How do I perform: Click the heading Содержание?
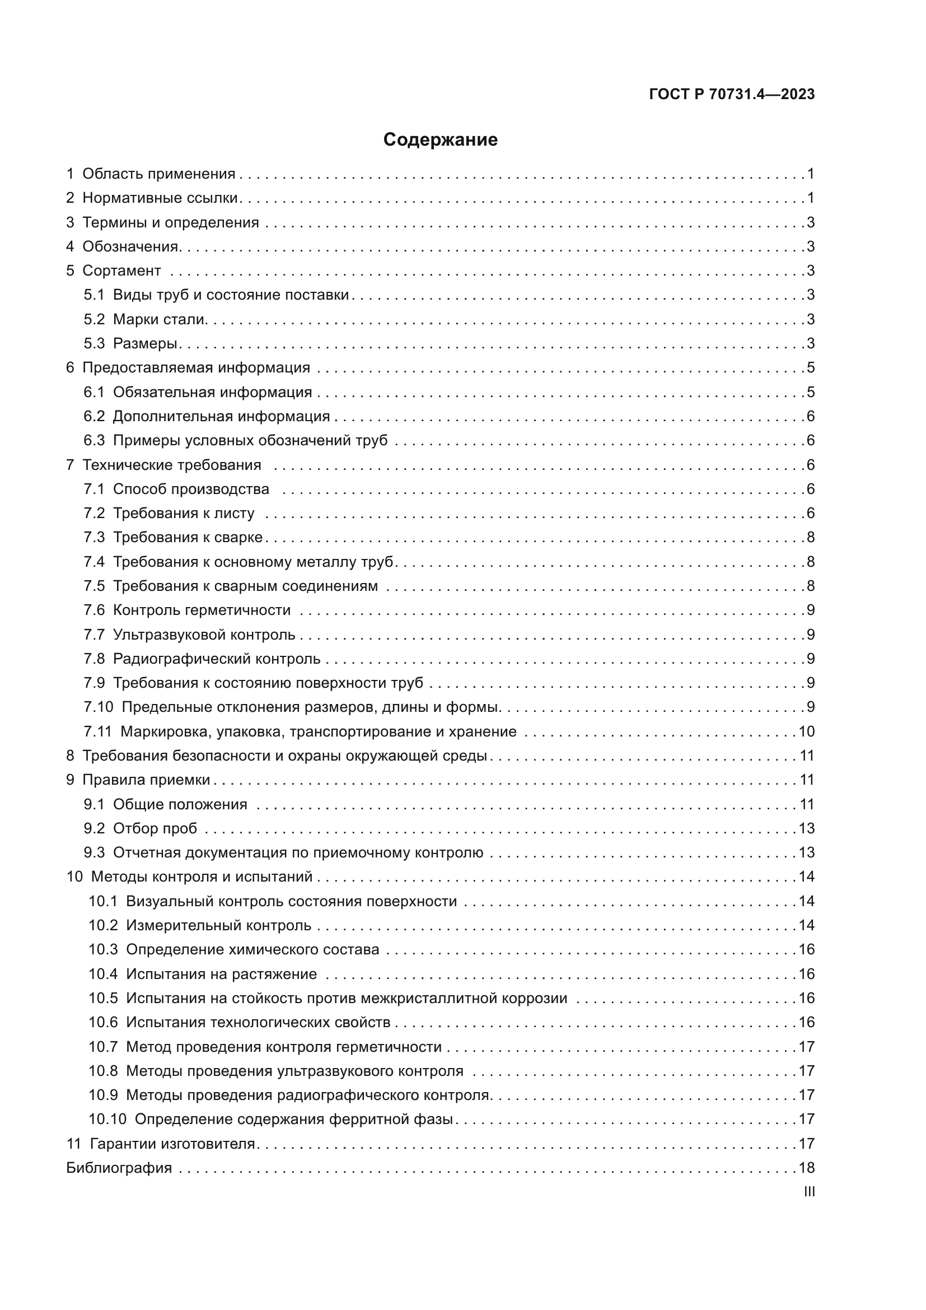pyautogui.click(x=439, y=139)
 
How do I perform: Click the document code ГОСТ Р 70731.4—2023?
pyautogui.click(x=732, y=94)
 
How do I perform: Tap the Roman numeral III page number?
pyautogui.click(x=808, y=1191)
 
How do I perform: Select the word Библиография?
pyautogui.click(x=119, y=1167)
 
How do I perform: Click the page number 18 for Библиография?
pyautogui.click(x=806, y=1167)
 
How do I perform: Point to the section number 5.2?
pyautogui.click(x=94, y=319)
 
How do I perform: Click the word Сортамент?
pyautogui.click(x=121, y=271)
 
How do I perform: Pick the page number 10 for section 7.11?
pyautogui.click(x=806, y=731)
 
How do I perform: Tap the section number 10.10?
pyautogui.click(x=107, y=1119)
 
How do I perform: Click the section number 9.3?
pyautogui.click(x=94, y=852)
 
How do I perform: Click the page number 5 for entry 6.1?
pyautogui.click(x=811, y=392)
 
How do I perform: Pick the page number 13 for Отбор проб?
pyautogui.click(x=806, y=828)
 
